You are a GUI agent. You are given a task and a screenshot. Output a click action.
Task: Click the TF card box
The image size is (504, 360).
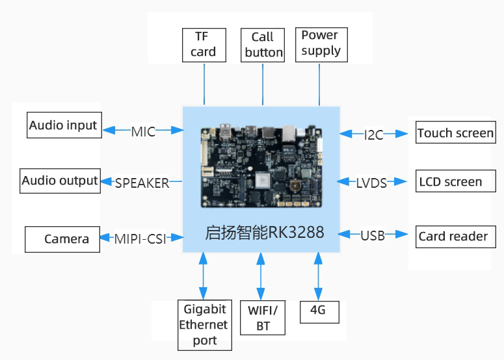coord(204,45)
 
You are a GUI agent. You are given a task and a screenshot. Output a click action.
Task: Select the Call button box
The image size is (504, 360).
coord(263,45)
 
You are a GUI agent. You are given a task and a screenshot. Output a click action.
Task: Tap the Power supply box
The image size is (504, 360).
coord(321,45)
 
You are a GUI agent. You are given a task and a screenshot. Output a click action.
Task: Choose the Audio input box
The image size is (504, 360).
coord(64,125)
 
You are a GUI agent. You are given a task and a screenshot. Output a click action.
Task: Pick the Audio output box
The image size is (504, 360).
coord(60,181)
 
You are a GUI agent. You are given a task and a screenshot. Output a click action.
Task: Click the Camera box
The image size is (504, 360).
coord(62,239)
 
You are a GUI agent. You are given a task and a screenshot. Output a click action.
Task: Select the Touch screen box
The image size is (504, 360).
coord(456,133)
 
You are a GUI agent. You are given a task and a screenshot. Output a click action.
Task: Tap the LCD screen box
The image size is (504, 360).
coord(456,181)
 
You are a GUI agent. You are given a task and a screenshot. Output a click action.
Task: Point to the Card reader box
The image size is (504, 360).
coord(456,237)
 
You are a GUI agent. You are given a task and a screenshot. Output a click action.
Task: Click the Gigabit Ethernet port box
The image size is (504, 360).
coord(205,325)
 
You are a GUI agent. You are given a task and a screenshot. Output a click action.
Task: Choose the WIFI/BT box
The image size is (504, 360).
coord(263,318)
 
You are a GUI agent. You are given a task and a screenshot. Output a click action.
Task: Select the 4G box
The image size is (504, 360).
coord(319,312)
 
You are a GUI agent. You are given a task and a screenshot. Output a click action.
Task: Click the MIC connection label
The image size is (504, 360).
coord(143,132)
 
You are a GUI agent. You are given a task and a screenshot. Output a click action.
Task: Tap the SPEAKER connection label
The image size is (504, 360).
coord(142,183)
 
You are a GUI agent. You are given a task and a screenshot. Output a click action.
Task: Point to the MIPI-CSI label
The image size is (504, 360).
coord(140,239)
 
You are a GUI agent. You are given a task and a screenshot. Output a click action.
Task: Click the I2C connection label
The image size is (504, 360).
coord(373,135)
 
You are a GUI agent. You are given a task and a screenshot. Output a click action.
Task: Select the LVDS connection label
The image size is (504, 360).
coord(371,183)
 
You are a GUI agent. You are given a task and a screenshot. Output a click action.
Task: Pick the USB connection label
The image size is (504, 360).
coord(373,236)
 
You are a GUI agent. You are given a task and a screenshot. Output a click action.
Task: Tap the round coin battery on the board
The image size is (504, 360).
coord(295,186)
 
